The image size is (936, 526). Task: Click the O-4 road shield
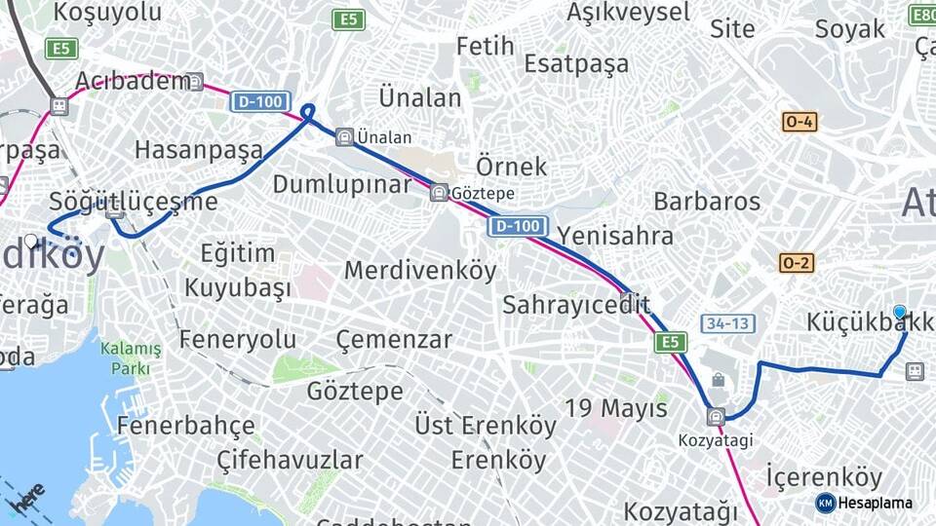click(x=799, y=122)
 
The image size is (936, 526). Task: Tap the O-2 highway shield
click(x=796, y=263)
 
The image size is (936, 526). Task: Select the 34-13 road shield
click(x=727, y=323)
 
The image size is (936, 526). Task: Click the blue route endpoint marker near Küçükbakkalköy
click(x=900, y=313)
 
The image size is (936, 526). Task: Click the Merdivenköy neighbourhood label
click(x=420, y=270)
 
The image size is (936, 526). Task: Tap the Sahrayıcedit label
click(x=575, y=305)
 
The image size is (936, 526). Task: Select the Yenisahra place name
click(x=615, y=236)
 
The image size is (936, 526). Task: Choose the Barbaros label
click(x=707, y=202)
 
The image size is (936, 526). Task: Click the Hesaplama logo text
click(x=875, y=503)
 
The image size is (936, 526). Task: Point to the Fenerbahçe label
click(x=185, y=426)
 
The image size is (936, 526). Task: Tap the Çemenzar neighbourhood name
click(x=394, y=339)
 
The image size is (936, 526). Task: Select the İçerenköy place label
click(x=824, y=477)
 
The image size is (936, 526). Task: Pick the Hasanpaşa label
click(x=199, y=150)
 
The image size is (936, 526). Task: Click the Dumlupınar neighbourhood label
click(x=341, y=184)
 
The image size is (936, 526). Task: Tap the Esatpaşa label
click(x=576, y=63)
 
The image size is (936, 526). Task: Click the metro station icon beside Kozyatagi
click(x=717, y=417)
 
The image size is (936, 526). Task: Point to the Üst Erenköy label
click(x=486, y=426)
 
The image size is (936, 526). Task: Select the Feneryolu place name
click(x=238, y=339)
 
